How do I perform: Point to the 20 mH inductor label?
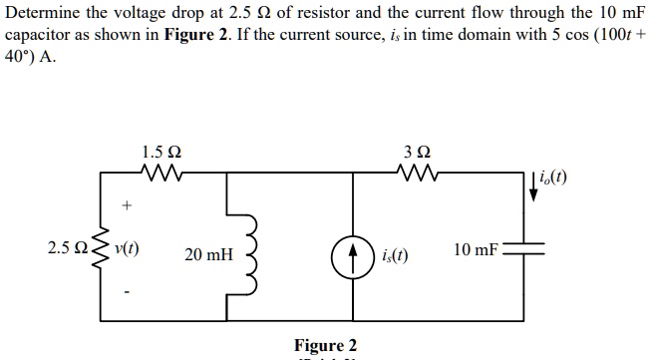208,255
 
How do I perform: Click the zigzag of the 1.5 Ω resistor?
162,175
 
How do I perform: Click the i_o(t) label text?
555,180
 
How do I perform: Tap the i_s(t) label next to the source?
394,256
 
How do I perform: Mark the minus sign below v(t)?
126,292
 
